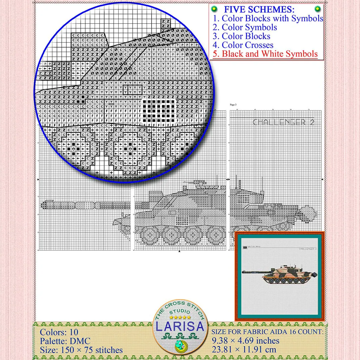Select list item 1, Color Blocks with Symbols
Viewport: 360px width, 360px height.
(x=268, y=18)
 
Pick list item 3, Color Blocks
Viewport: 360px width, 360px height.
(x=242, y=36)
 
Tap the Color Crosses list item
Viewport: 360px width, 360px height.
(x=243, y=45)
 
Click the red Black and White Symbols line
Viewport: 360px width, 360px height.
(x=265, y=54)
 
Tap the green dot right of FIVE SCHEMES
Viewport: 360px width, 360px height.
(x=318, y=9)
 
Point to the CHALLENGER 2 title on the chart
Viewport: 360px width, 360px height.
(x=283, y=122)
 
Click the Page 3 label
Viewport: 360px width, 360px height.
(x=233, y=105)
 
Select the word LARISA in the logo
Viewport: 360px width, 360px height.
(x=180, y=326)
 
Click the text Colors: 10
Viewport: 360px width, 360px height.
(x=59, y=332)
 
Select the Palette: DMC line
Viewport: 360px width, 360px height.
(x=65, y=341)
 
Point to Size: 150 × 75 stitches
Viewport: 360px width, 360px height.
(x=81, y=350)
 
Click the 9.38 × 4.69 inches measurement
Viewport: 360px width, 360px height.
(x=246, y=341)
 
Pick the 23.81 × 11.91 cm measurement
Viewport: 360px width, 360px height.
(x=244, y=350)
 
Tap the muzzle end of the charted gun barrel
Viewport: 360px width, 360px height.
(x=42, y=204)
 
